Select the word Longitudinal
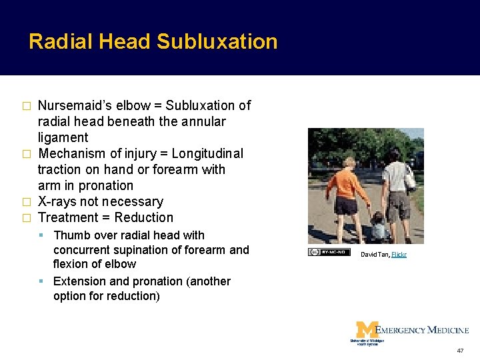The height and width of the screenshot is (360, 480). [207, 153]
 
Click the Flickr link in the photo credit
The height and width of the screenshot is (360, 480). [399, 254]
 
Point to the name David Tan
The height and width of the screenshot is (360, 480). [375, 254]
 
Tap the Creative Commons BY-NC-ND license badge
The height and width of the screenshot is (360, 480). [329, 252]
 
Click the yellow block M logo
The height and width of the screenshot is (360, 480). [366, 330]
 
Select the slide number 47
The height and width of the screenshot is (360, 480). [460, 350]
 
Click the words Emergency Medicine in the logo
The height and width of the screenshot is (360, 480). [423, 329]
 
